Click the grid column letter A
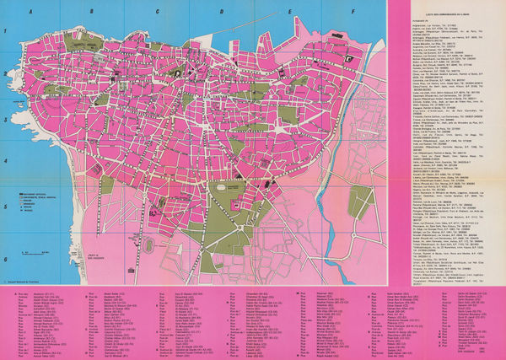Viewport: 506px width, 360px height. point(32,12)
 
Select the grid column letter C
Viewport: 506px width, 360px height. point(158,12)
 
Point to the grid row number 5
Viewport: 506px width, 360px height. point(5,205)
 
